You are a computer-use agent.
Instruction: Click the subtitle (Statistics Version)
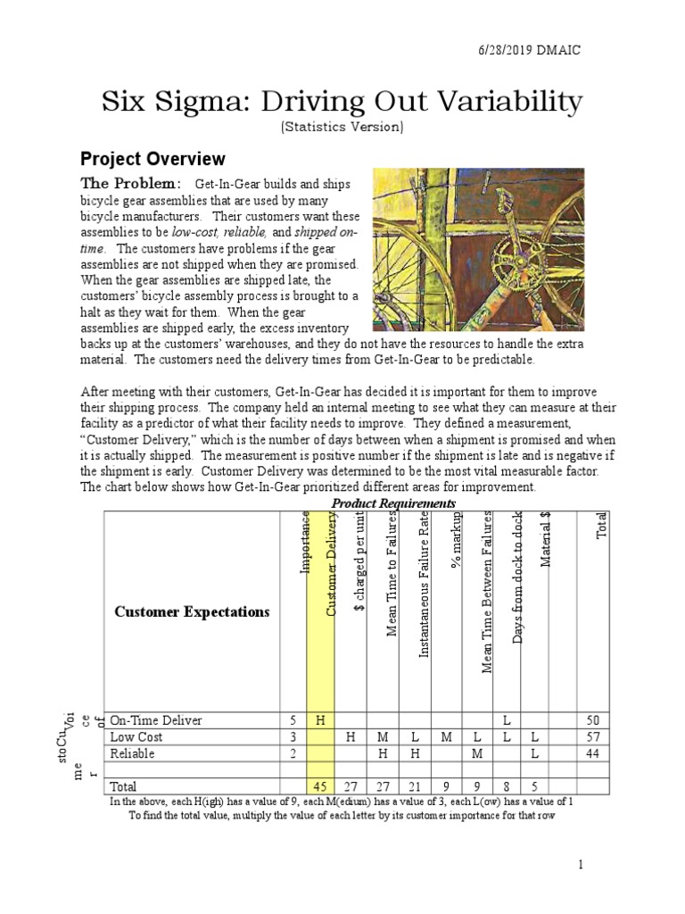(x=342, y=127)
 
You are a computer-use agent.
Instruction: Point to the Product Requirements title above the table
(x=393, y=503)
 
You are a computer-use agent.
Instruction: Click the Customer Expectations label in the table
(x=191, y=611)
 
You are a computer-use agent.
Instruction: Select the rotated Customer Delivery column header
(x=331, y=567)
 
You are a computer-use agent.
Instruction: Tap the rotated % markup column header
(x=455, y=541)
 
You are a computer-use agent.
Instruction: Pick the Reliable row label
(x=132, y=753)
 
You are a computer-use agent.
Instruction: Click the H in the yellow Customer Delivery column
(x=320, y=720)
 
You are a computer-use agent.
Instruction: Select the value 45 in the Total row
(x=320, y=786)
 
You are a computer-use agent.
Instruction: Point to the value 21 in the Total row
(x=415, y=786)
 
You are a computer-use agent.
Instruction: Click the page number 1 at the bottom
(x=579, y=864)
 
